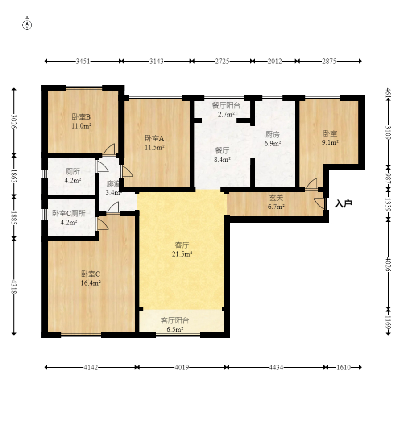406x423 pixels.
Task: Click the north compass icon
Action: click(x=27, y=25)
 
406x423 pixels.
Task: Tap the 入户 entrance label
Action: click(x=344, y=203)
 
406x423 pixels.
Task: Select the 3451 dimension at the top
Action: click(x=83, y=61)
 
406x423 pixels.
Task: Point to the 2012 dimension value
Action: click(x=275, y=61)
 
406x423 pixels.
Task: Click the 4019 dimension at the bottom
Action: click(x=182, y=367)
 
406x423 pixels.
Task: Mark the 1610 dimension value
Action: click(x=344, y=367)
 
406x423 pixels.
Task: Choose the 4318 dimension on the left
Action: click(x=14, y=287)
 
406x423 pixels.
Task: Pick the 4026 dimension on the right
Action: click(x=388, y=264)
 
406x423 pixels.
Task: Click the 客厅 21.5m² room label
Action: click(x=182, y=249)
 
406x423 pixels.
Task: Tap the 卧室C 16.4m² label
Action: click(x=91, y=278)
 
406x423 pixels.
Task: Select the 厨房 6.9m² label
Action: click(x=273, y=139)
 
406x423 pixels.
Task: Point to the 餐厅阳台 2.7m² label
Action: click(x=226, y=109)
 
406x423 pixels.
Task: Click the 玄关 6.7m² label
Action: click(x=276, y=202)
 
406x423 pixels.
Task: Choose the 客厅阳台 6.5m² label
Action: click(x=175, y=324)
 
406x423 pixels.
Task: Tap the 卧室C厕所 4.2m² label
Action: click(x=69, y=218)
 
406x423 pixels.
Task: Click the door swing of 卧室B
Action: click(x=109, y=149)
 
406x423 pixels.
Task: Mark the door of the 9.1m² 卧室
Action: click(x=311, y=184)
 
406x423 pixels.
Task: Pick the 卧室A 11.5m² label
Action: click(x=154, y=143)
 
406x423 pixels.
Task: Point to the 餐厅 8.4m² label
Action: click(x=222, y=155)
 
